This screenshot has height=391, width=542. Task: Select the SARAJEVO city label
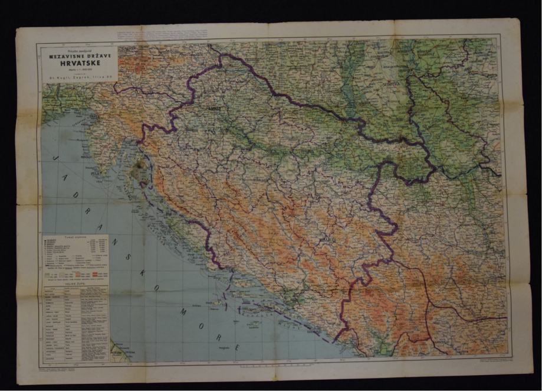[328, 239]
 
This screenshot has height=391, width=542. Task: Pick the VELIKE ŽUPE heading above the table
[75, 284]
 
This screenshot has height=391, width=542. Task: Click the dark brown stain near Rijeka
[140, 172]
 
